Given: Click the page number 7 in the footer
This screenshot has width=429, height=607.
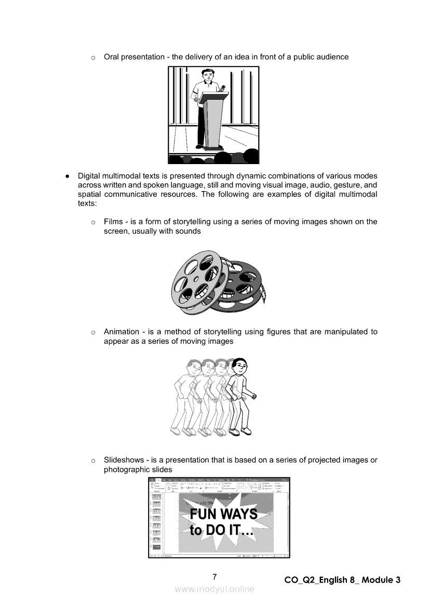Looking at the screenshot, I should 214,576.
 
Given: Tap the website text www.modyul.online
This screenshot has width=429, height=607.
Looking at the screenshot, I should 214,589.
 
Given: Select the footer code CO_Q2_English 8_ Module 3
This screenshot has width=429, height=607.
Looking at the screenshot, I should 343,580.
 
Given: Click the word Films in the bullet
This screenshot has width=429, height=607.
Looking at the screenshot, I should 114,222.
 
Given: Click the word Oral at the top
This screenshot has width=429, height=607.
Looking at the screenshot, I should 112,57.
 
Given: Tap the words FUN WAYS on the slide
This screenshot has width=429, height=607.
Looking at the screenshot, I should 223,514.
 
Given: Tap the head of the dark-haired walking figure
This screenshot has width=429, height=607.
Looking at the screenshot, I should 238,367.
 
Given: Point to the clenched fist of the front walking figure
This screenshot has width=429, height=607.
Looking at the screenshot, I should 254,397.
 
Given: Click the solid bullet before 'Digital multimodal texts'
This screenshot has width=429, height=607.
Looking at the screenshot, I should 68,176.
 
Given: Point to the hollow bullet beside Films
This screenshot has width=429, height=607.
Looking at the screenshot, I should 93,222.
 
